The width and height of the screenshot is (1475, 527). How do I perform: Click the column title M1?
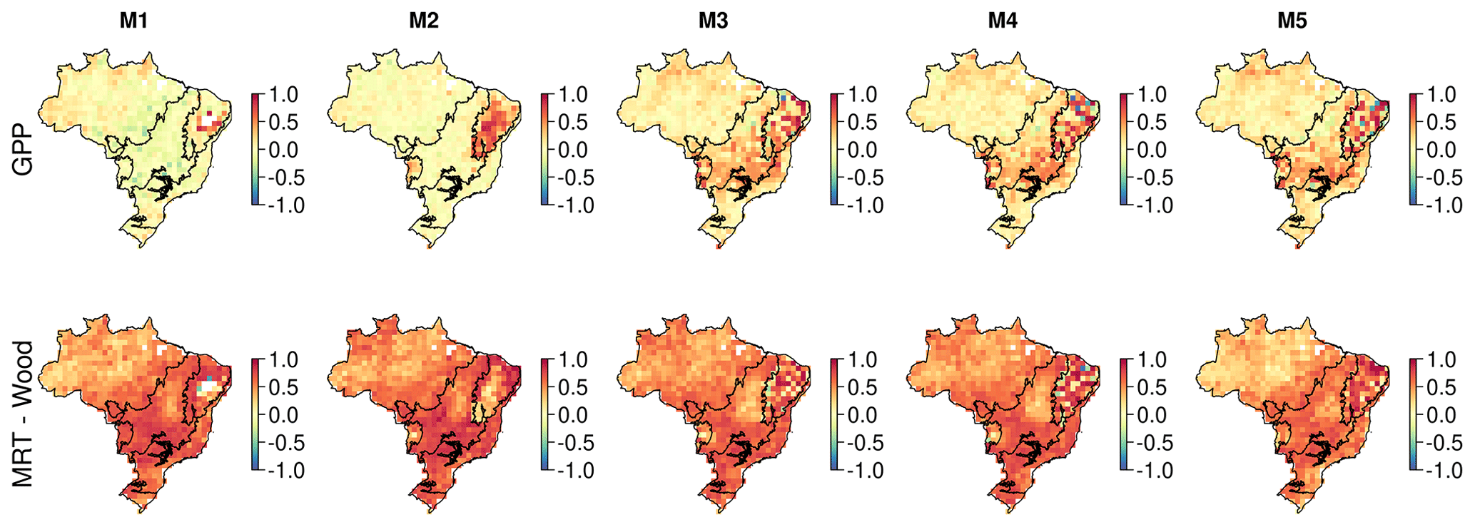[x=133, y=21]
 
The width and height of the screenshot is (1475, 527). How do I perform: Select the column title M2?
[x=423, y=21]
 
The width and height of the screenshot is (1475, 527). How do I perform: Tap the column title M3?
[x=713, y=21]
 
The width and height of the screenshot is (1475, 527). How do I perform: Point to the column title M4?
[x=1003, y=21]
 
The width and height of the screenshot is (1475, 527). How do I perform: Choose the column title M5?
[x=1292, y=21]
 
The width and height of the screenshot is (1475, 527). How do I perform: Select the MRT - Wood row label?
[x=23, y=414]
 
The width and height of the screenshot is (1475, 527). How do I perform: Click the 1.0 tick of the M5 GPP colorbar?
[x=1441, y=94]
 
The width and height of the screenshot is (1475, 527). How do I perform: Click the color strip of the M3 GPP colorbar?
[x=835, y=150]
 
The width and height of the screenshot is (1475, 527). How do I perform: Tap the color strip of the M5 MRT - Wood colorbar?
[x=1414, y=415]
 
